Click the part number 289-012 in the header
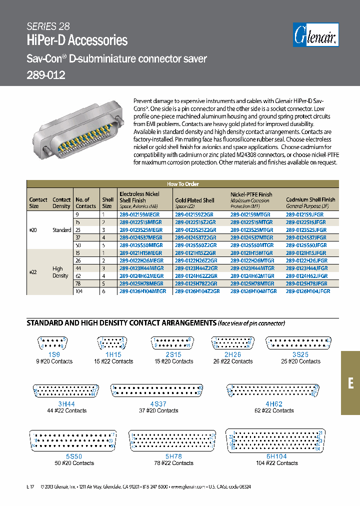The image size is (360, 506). [46, 75]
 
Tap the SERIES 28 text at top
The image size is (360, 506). [48, 26]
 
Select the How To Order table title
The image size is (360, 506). [182, 184]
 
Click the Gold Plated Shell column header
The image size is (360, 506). [194, 200]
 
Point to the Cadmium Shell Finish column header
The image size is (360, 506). [310, 200]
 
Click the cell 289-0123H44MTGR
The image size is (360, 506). [252, 268]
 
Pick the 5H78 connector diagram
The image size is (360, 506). [172, 440]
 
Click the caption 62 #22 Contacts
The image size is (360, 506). [273, 410]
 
